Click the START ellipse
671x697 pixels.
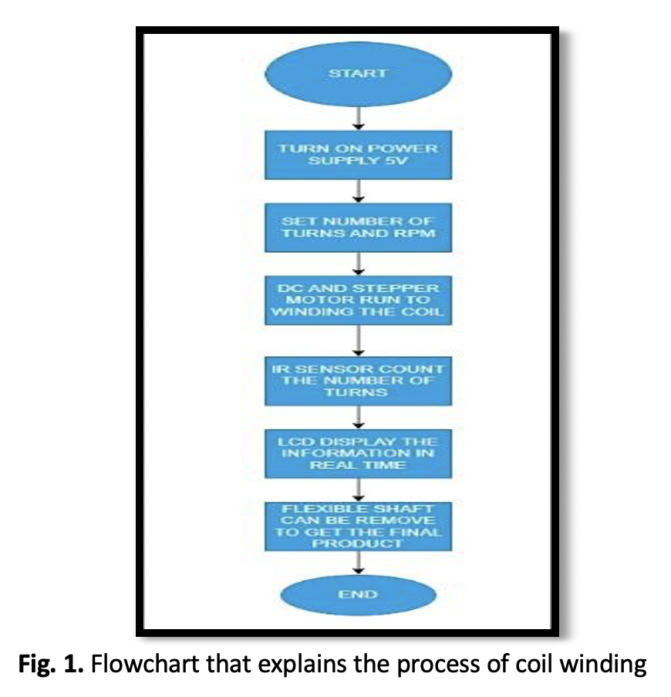[x=357, y=74]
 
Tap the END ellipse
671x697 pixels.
[x=357, y=594]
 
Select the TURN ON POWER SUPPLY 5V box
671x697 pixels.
[x=357, y=154]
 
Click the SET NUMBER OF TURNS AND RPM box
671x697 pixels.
[x=357, y=227]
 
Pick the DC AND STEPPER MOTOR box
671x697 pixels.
[x=357, y=299]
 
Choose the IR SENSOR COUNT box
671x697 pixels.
[x=357, y=379]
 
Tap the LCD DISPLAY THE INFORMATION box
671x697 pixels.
[x=357, y=454]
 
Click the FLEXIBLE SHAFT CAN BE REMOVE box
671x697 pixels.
[x=357, y=527]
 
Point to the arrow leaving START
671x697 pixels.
[x=357, y=116]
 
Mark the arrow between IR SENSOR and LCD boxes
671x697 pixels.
[x=357, y=417]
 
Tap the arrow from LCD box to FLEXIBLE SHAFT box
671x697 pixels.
[x=357, y=490]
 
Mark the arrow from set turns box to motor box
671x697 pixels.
[x=357, y=264]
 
